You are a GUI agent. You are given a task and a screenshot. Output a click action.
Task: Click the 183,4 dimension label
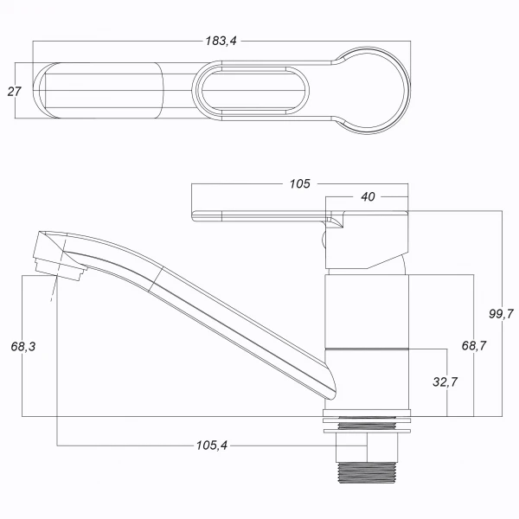point(221,41)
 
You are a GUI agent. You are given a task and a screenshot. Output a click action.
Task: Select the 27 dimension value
point(14,92)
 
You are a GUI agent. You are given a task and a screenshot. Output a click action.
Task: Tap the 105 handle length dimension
point(300,183)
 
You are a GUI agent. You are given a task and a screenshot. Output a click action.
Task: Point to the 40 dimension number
point(368,197)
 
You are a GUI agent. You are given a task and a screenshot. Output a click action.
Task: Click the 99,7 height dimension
point(501,313)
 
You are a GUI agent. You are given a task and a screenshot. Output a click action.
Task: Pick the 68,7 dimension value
point(474,346)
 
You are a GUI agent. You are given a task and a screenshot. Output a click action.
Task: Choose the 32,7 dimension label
point(445,382)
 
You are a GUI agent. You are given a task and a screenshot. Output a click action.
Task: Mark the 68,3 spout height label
point(23,347)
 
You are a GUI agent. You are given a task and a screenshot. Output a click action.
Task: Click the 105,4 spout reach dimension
point(212,445)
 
